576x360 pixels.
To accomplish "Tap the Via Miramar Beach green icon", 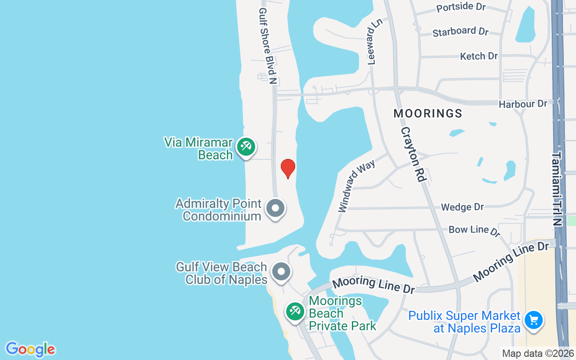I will (x=246, y=147).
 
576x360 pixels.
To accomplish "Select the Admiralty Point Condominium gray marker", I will (x=276, y=209).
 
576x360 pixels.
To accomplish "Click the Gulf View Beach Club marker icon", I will (x=282, y=272).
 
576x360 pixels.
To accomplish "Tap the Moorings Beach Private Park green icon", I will (x=295, y=311).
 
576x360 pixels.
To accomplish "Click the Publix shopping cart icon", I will (x=534, y=320).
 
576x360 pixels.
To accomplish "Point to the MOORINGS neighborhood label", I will (x=428, y=113).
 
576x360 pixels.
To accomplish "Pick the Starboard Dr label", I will (x=460, y=32).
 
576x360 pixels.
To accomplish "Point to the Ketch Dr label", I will (x=479, y=56).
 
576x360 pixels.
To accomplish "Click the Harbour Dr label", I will (x=523, y=104).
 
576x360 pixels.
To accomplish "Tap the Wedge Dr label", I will (x=462, y=207).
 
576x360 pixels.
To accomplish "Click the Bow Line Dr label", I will (x=474, y=230).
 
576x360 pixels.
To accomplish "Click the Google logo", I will (x=30, y=349).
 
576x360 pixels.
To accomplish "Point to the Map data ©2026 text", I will (x=538, y=354).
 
